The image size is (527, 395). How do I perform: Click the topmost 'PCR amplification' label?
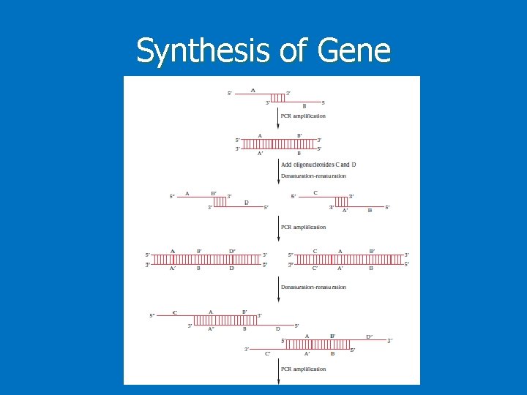[x=303, y=116]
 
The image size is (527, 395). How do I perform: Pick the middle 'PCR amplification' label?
[x=303, y=227]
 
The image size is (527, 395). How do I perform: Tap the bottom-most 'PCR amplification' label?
[x=303, y=369]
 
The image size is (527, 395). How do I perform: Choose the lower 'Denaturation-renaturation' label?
[x=313, y=287]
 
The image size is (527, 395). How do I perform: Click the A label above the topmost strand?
[x=253, y=91]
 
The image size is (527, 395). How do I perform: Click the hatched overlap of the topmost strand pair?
[x=277, y=97]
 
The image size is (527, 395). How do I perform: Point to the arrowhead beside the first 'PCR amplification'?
[x=279, y=127]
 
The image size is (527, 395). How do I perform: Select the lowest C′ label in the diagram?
[x=268, y=353]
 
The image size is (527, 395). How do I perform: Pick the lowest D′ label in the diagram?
[x=370, y=336]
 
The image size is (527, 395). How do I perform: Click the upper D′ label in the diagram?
[x=232, y=251]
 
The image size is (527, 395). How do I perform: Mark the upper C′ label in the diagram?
[x=315, y=268]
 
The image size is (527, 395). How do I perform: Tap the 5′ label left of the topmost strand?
[x=231, y=94]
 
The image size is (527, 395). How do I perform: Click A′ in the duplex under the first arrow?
[x=261, y=153]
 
